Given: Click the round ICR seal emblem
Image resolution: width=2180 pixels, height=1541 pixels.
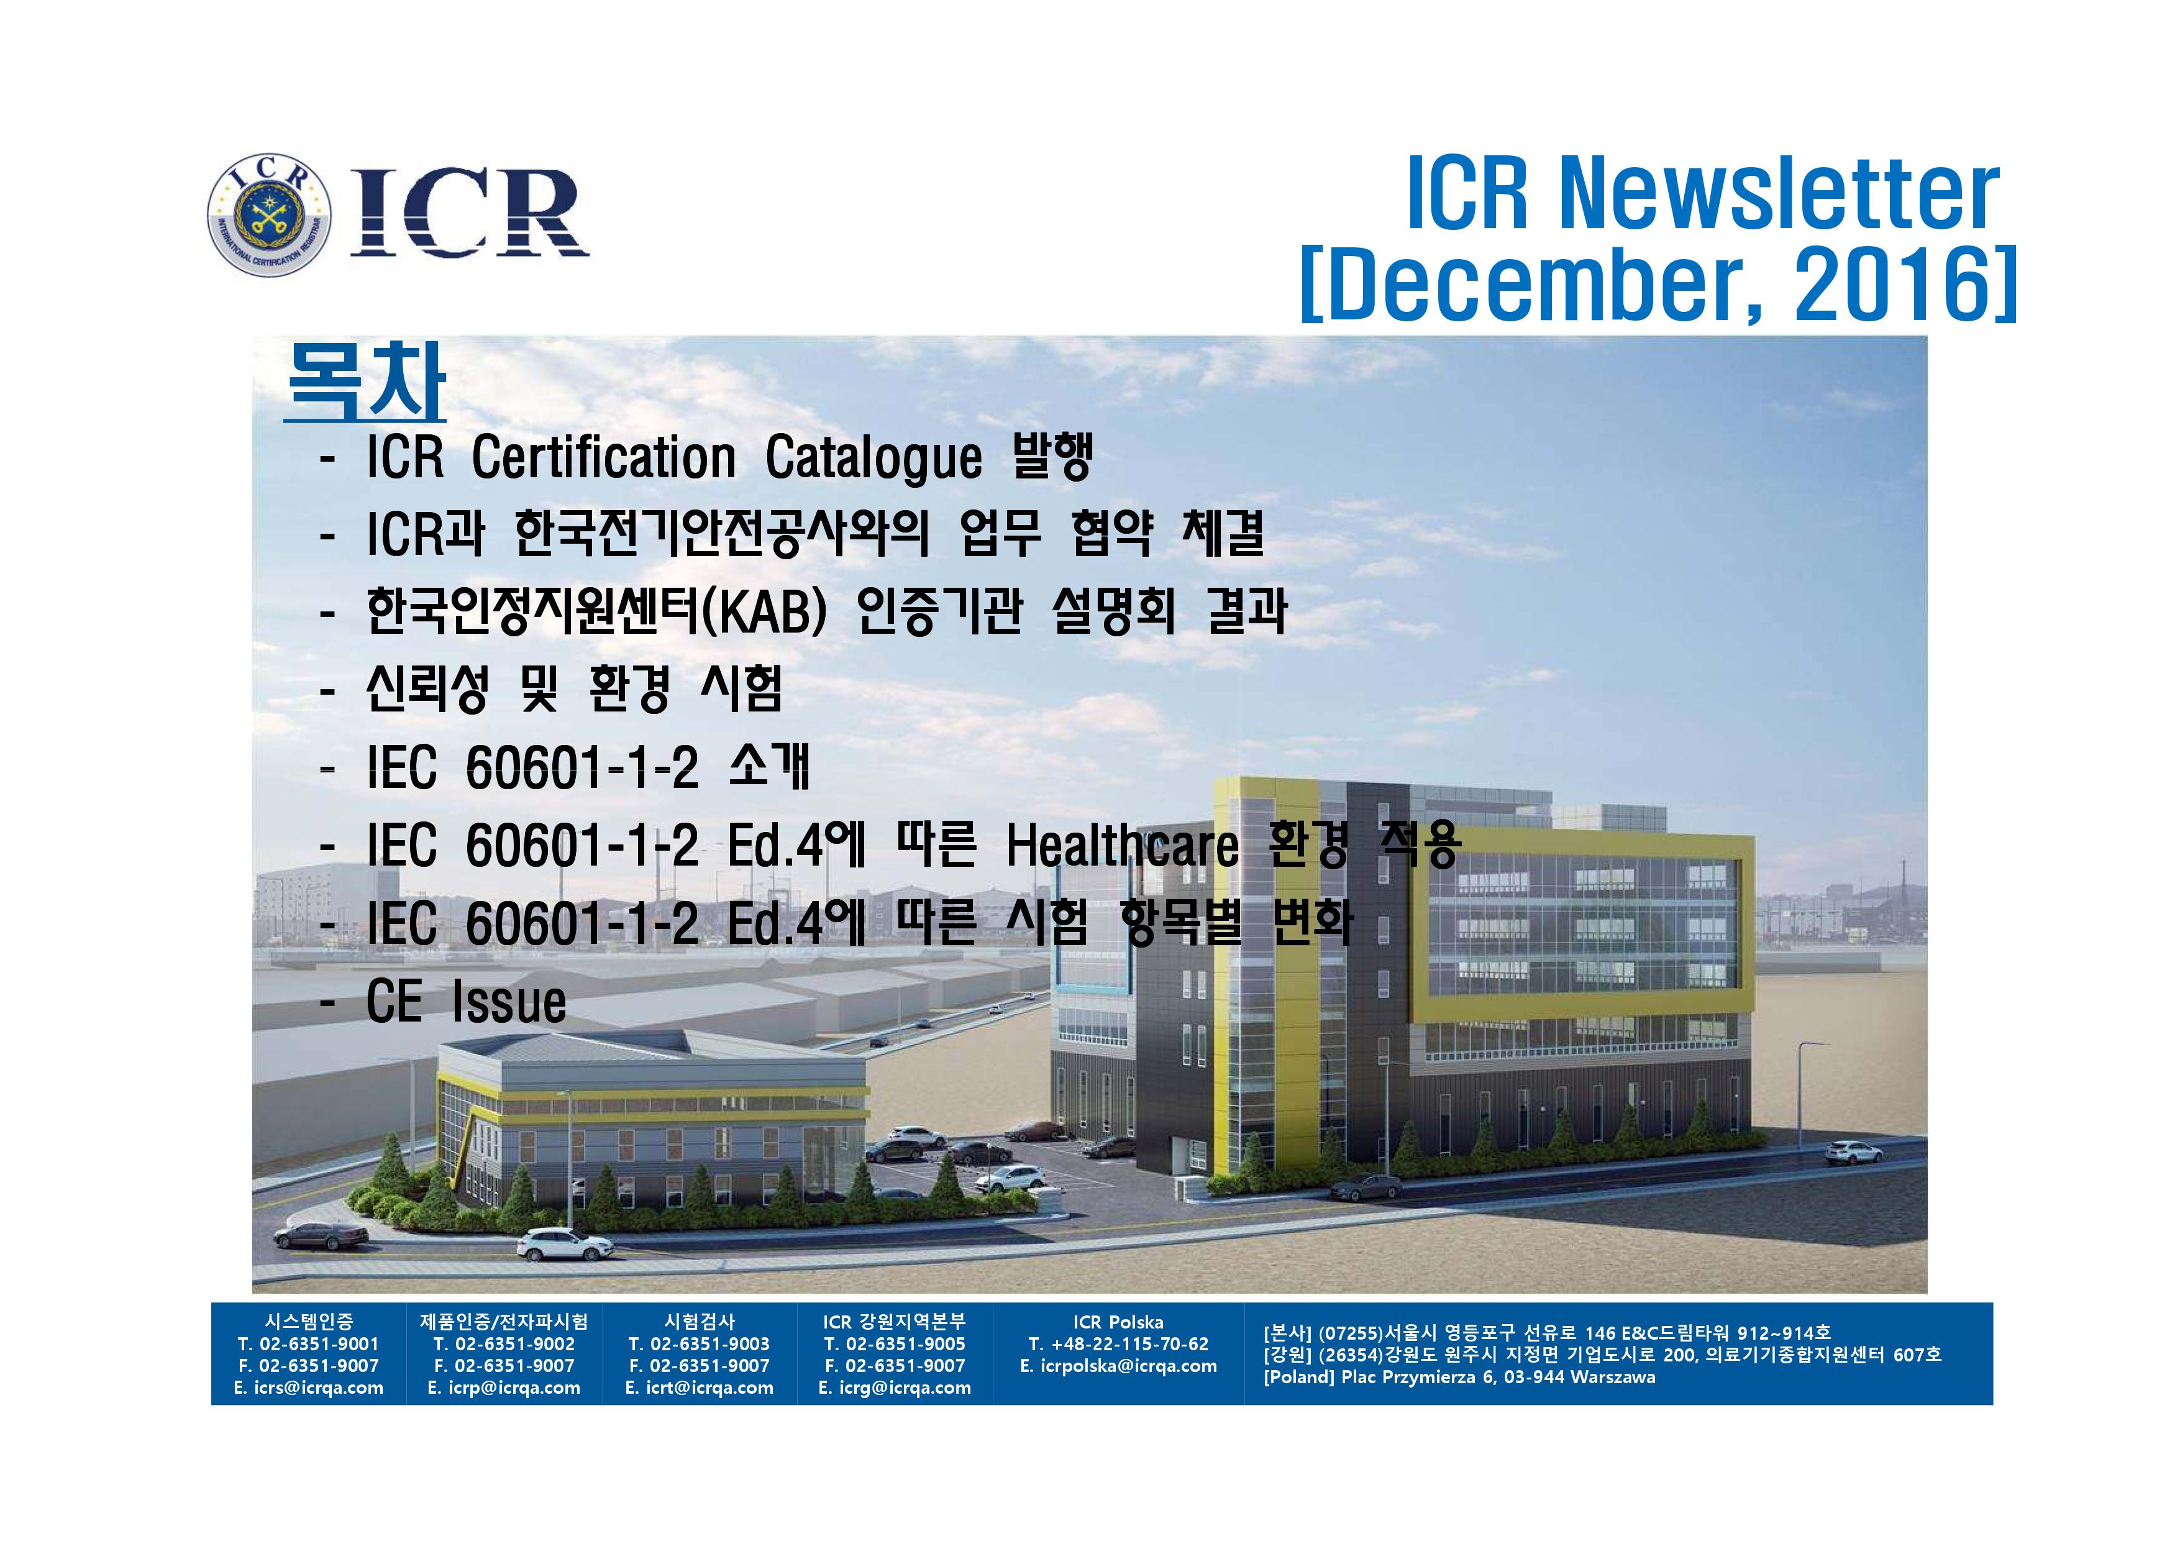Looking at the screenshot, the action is (x=270, y=214).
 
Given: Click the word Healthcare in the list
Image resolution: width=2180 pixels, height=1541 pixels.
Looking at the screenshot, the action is (x=1122, y=844).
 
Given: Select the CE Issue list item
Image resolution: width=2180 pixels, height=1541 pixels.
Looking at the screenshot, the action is (x=466, y=1001).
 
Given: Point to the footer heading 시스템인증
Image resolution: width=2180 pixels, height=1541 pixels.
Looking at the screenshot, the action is (x=309, y=1322).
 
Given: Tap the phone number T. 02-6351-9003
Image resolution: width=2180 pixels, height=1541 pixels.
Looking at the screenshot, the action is (x=699, y=1345).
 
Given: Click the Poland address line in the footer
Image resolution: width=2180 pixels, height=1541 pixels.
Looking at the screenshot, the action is (x=1459, y=1377).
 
